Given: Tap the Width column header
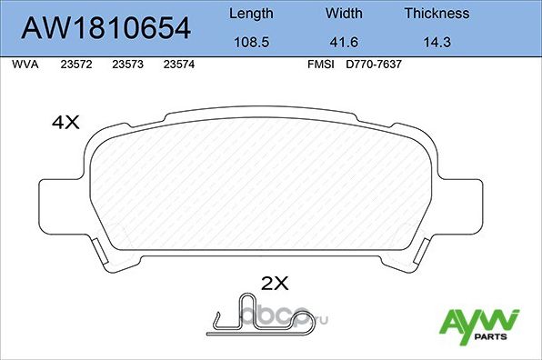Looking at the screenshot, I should tap(344, 14).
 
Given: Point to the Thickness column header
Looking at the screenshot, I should tap(437, 14).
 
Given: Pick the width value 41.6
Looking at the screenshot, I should tap(344, 41).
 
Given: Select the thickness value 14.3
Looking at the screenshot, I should tap(437, 41).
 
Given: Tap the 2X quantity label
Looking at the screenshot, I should tap(274, 284).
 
